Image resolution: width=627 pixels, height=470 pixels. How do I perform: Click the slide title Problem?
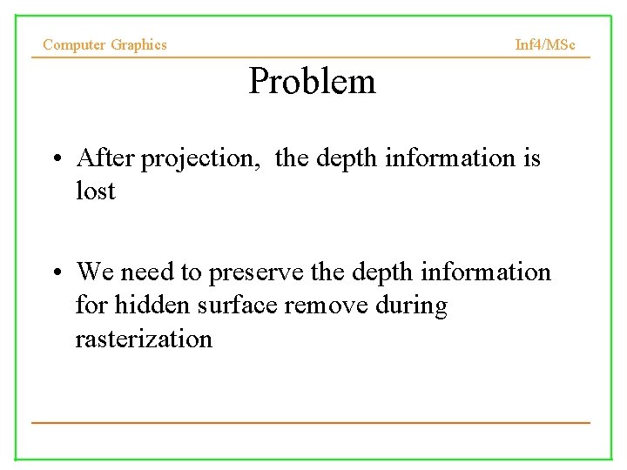[x=312, y=82]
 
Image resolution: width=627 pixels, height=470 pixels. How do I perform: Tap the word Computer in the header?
[x=75, y=44]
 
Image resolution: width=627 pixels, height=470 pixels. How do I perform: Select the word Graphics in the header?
[x=138, y=44]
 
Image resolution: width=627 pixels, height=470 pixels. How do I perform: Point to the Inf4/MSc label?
[x=545, y=44]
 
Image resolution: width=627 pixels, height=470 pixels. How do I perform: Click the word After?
[x=106, y=158]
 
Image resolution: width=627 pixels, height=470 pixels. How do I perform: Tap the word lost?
[x=95, y=191]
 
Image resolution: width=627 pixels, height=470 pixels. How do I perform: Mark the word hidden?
[x=155, y=305]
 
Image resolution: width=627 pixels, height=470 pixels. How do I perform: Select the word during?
[x=410, y=305]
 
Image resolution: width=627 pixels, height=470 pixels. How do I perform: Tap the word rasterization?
[x=144, y=338]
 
